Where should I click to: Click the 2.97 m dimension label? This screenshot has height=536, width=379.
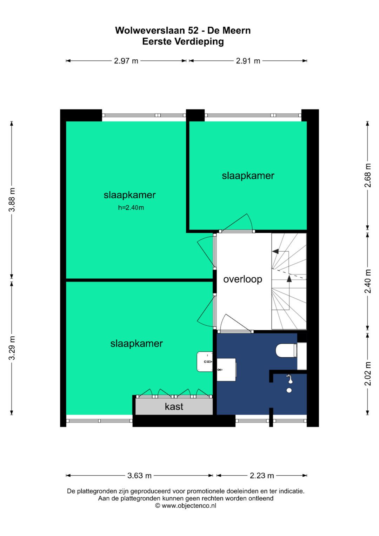(x=126, y=61)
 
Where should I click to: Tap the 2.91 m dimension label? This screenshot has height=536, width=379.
(x=248, y=61)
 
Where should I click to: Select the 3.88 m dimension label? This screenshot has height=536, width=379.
(x=12, y=200)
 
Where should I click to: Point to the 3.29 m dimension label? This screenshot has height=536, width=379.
(x=12, y=348)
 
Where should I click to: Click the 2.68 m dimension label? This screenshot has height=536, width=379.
(x=368, y=176)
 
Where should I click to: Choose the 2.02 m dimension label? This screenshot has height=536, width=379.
(x=368, y=373)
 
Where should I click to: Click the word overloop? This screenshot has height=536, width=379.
(x=242, y=279)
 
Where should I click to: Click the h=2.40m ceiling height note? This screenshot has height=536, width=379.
(x=131, y=208)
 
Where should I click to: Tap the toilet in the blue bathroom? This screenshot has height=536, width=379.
(x=286, y=351)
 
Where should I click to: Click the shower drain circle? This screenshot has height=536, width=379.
(x=289, y=391)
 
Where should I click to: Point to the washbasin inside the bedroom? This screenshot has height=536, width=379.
(x=205, y=362)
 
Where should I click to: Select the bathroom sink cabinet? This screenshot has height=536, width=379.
(x=227, y=370)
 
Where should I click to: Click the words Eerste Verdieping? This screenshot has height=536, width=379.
(x=183, y=42)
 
